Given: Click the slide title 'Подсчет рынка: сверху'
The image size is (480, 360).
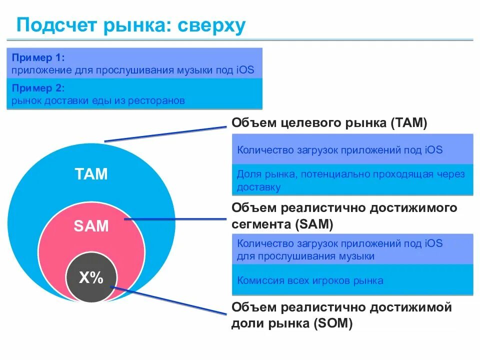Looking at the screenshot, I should [x=131, y=25].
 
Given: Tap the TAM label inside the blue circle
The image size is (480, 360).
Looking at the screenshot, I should [x=91, y=174].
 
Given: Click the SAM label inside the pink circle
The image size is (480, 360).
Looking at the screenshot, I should [x=91, y=226].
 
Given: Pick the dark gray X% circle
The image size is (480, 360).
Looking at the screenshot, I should [x=91, y=278].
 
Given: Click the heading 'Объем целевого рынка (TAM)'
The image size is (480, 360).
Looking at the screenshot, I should [x=329, y=123].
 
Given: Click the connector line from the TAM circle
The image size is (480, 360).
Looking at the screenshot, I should [x=165, y=134].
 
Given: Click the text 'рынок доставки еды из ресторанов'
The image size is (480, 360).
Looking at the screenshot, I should [x=98, y=100].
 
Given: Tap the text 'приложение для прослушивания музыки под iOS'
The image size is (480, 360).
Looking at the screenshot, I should [x=133, y=70].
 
